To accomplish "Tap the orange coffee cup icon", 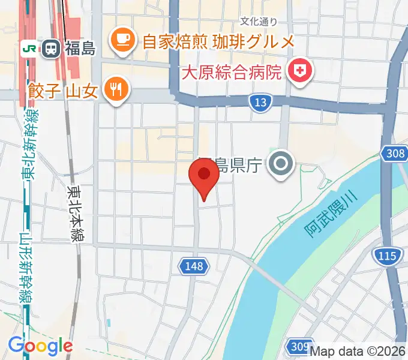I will pos(122,40).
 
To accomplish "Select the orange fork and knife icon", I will pos(115,90).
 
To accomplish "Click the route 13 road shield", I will pos(259,103).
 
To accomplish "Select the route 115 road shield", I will pos(387,257).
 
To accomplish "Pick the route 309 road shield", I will pos(299,346).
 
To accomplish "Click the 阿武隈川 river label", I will pos(329,212).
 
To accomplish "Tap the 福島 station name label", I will pos(79,49).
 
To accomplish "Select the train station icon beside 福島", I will pos(50,49).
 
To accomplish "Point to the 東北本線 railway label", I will pos(76,214).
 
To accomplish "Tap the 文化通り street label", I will pos(259,22).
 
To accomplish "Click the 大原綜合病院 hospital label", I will pos(230,74).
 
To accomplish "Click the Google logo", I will pos(40,346).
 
